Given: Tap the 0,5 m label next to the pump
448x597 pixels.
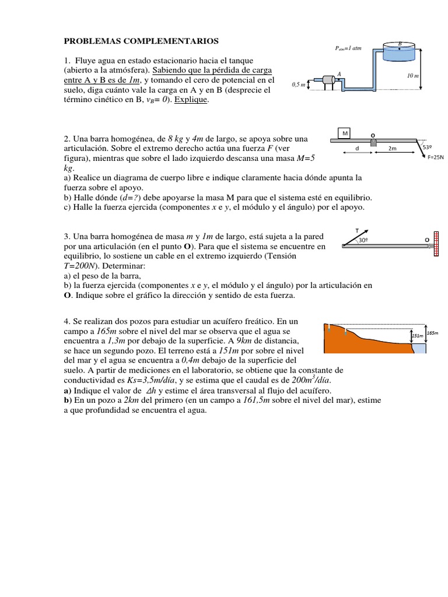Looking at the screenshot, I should pyautogui.click(x=298, y=85).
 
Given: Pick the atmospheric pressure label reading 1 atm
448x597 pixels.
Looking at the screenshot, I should pyautogui.click(x=349, y=48).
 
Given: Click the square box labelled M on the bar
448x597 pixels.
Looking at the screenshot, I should pyautogui.click(x=345, y=133).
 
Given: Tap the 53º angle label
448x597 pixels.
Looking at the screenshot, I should pyautogui.click(x=427, y=148).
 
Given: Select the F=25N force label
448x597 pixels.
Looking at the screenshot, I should pyautogui.click(x=435, y=157).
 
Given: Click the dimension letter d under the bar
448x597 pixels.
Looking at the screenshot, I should pyautogui.click(x=356, y=149).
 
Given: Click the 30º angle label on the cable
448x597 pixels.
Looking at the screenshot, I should pyautogui.click(x=363, y=240).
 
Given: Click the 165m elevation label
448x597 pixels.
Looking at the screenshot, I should pyautogui.click(x=432, y=333).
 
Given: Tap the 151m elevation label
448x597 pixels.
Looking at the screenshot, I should pyautogui.click(x=417, y=336).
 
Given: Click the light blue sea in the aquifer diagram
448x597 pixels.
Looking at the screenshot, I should pyautogui.click(x=419, y=348).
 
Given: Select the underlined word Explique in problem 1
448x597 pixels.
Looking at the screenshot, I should pyautogui.click(x=191, y=100).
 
